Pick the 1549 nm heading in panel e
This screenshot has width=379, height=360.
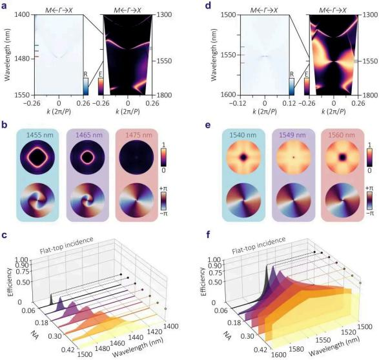292,135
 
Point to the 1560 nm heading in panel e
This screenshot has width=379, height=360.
342,135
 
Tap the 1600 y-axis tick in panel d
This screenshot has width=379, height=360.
228,95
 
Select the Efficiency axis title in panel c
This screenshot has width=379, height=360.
10,282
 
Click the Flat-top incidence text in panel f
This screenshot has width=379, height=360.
259,246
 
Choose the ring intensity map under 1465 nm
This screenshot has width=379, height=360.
88,157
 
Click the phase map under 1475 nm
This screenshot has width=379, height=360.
137,201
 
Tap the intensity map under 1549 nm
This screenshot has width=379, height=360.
294,157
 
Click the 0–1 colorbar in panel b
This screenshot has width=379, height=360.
163,157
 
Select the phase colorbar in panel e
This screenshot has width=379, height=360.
369,201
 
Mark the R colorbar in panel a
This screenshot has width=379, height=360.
86,86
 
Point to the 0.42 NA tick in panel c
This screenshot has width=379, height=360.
72,350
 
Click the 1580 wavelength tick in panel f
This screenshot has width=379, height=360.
296,350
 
